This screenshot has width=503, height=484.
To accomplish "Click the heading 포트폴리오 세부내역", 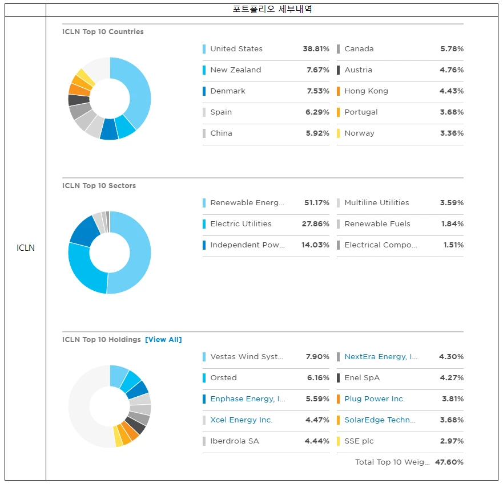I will click(272, 9).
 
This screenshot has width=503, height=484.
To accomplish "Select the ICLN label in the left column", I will click(25, 248).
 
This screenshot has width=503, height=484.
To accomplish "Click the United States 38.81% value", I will click(316, 49).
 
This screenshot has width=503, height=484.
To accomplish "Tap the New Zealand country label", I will click(235, 70).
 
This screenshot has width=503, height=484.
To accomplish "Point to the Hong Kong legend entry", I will click(366, 91).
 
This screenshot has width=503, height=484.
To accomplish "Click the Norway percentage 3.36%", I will click(452, 133).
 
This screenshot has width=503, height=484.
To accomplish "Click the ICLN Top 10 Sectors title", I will click(99, 186).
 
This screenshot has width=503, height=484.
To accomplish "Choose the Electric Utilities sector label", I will click(240, 224).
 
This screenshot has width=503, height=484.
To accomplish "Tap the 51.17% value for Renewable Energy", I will click(316, 203).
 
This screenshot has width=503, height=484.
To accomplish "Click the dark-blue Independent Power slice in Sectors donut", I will click(83, 230).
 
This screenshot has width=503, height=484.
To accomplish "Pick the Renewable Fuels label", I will click(377, 224).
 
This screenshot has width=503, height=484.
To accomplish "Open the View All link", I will click(163, 340).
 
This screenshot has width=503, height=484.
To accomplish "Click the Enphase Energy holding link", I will click(248, 399).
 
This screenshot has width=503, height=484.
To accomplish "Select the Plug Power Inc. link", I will click(374, 399).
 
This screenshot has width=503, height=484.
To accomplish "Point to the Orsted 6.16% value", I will click(318, 378).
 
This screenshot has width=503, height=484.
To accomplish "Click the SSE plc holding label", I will click(359, 441).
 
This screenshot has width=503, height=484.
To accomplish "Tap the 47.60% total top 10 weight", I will click(449, 462).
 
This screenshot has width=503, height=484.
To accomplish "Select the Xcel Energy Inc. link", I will click(241, 420).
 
